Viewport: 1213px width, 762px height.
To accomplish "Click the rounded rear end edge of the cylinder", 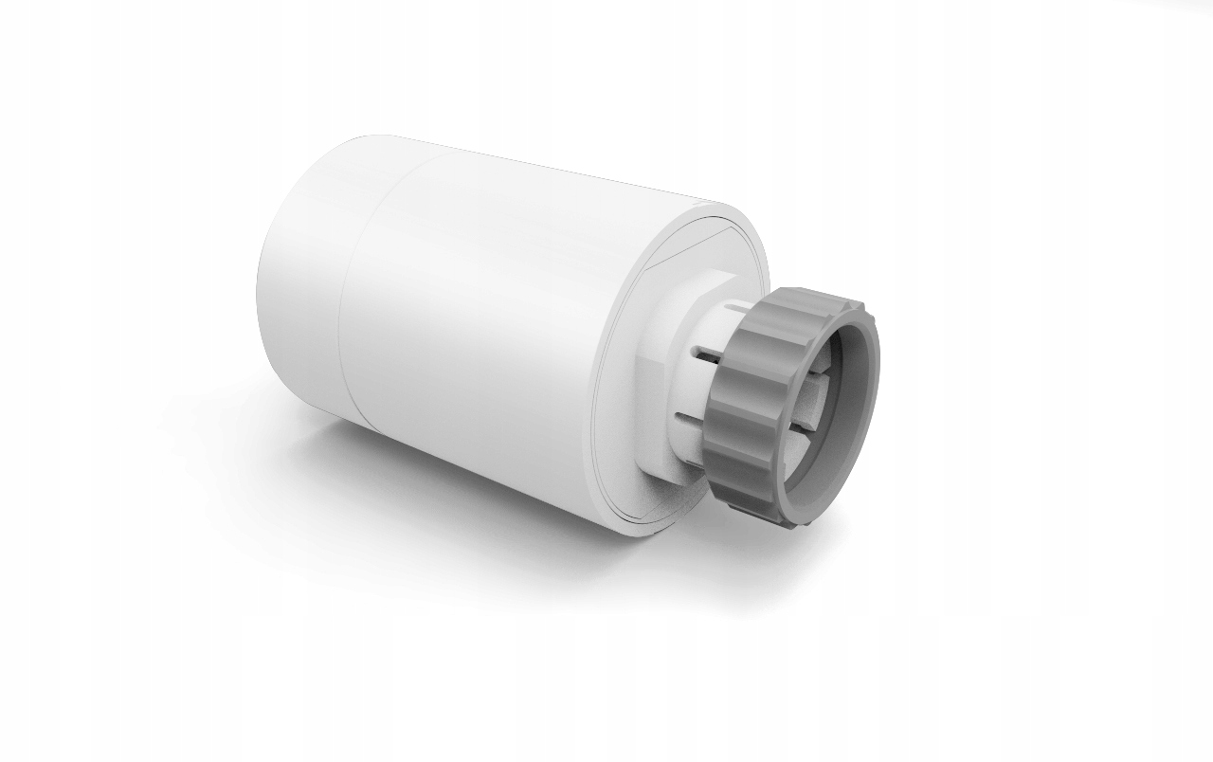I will (x=263, y=284).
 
